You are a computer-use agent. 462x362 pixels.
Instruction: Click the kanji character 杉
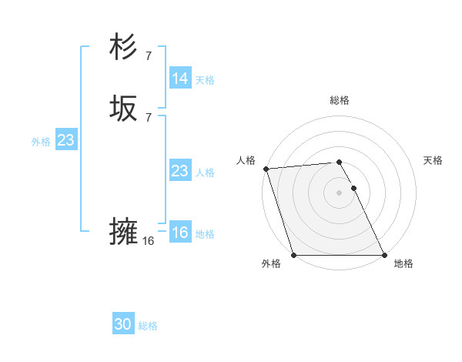124,48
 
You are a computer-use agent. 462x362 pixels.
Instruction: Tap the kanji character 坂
124,109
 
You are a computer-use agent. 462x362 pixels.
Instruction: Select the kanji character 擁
124,232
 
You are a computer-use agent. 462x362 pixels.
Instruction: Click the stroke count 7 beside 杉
148,55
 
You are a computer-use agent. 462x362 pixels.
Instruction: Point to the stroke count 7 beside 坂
148,117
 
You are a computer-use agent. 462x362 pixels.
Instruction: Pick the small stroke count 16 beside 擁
148,241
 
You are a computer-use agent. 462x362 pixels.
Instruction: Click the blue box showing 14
179,79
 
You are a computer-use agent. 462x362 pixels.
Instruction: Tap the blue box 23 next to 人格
179,171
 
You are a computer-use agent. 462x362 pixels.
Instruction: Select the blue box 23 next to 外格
65,140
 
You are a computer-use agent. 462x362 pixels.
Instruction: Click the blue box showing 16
179,233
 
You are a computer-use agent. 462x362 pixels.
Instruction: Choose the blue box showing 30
123,324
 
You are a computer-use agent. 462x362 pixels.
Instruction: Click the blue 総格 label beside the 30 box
148,326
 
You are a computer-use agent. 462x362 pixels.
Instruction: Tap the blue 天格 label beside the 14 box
204,80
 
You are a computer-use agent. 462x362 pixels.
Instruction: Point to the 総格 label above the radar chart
339,100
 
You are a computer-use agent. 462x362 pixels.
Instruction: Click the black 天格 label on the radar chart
433,160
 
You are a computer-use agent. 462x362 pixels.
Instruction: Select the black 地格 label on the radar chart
403,264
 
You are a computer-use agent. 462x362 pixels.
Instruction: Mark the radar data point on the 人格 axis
266,169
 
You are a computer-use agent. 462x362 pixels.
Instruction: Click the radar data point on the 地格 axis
384,255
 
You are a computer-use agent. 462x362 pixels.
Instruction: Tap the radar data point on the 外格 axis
293,255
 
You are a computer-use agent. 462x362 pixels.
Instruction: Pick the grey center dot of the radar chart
339,193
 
